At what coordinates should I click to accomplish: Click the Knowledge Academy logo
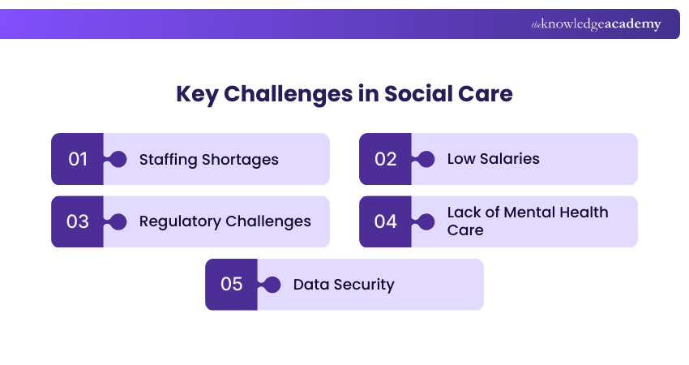(596, 24)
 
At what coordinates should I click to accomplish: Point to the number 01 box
(77, 159)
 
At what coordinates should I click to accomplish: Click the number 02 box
(385, 159)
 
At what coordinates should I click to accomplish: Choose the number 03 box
(77, 221)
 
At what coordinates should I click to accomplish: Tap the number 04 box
(385, 221)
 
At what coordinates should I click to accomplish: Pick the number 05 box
(231, 285)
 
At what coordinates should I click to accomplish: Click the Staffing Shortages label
(208, 159)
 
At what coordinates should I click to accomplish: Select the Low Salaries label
(493, 159)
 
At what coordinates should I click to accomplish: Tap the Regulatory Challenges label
(225, 221)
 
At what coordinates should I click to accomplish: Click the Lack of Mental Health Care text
(527, 221)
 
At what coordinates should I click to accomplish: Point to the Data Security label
(343, 285)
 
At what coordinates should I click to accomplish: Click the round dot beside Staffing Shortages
(118, 159)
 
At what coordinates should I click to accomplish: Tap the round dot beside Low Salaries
(426, 159)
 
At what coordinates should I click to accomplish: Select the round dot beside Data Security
(272, 285)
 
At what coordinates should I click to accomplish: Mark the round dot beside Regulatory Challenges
(118, 221)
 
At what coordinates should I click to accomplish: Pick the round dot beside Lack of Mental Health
(426, 221)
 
